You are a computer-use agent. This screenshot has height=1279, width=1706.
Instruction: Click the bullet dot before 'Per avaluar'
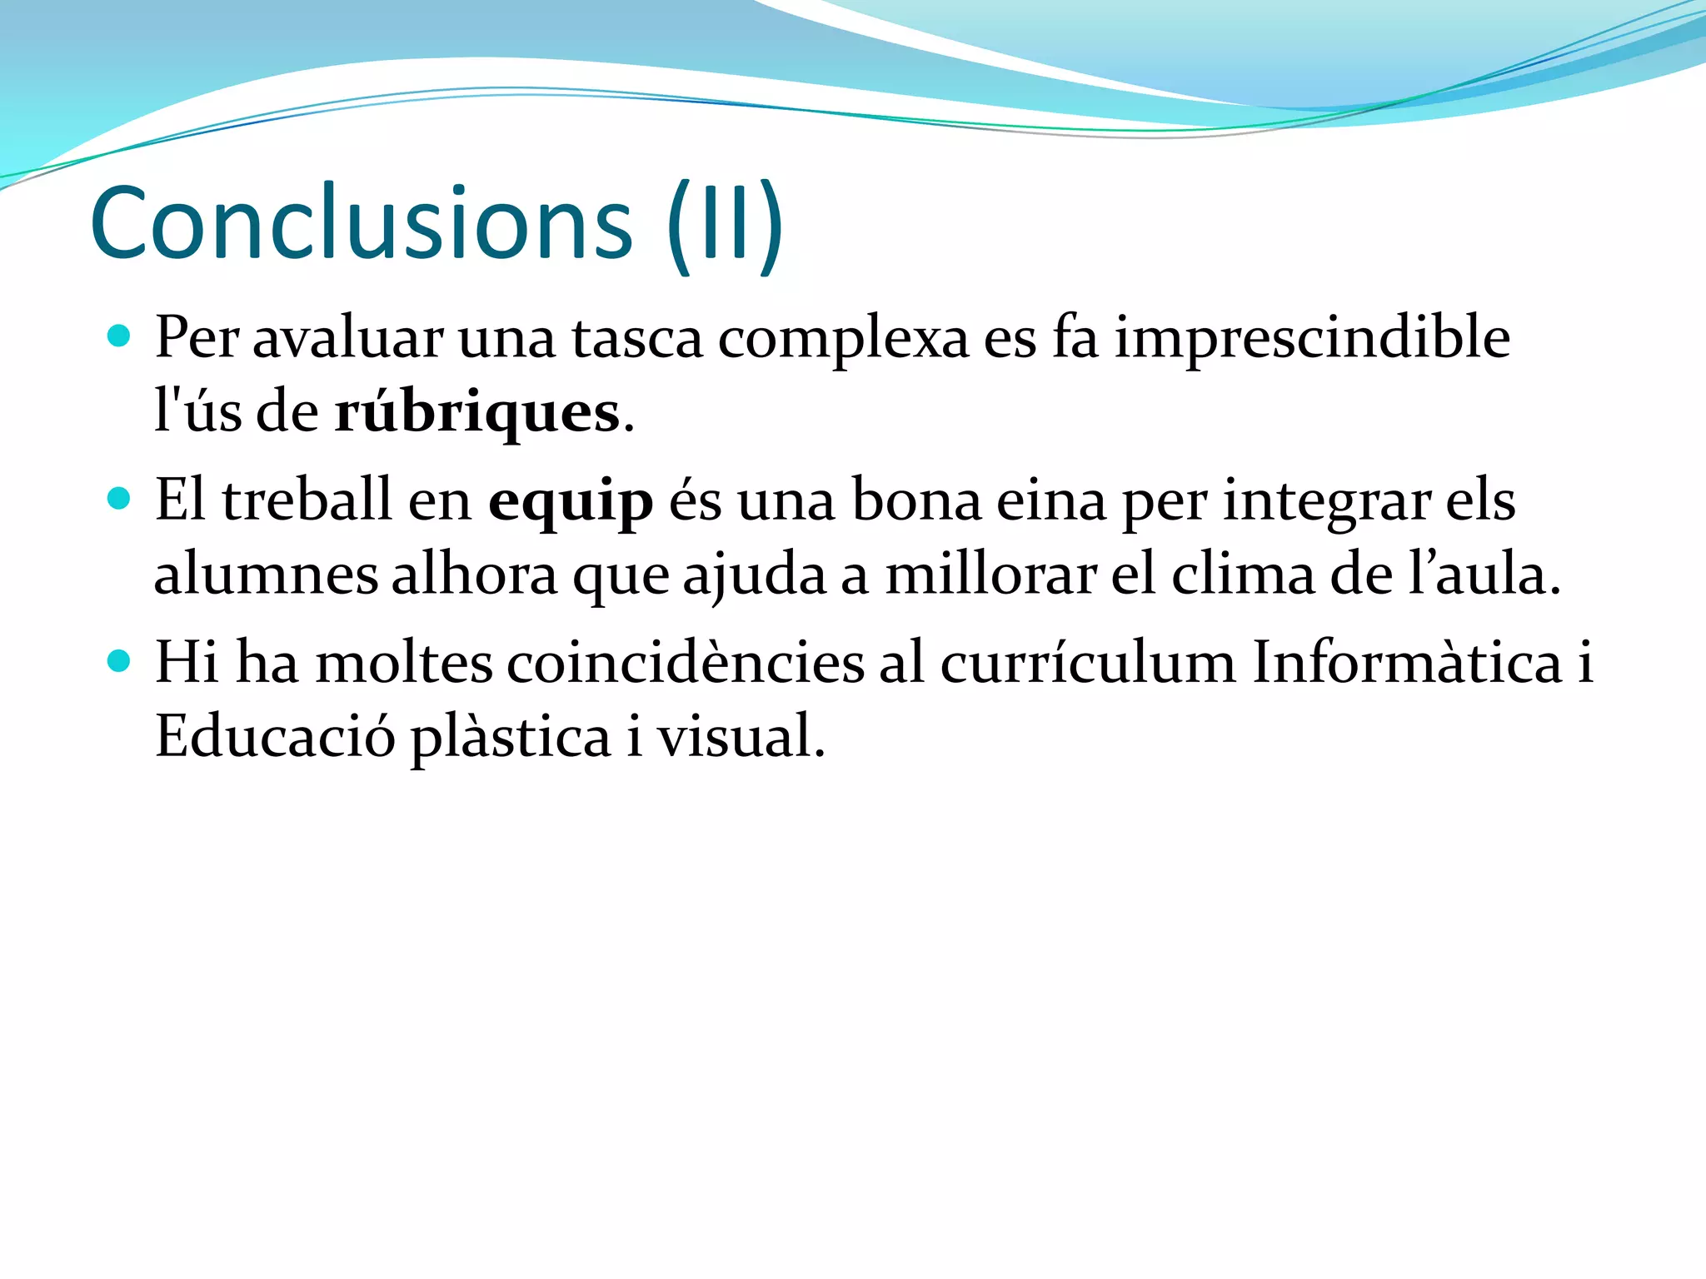120,336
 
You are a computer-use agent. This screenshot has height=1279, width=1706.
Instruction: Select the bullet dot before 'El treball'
120,499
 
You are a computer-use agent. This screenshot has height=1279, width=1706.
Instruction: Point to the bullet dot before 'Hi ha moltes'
120,661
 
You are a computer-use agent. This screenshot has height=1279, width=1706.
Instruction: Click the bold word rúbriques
477,412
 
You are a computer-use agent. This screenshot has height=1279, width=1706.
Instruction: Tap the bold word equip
571,502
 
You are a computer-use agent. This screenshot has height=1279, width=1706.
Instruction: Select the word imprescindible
1312,338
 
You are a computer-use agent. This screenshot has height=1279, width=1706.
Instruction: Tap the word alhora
475,575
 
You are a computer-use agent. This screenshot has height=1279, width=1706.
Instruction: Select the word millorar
990,575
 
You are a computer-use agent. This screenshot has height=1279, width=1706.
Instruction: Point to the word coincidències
686,663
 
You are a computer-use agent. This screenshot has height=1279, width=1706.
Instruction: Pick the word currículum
1089,664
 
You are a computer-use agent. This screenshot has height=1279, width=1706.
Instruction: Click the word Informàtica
1407,663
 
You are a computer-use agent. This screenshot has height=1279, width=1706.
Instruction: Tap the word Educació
275,736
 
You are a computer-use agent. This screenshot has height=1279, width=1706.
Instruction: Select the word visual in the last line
739,736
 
